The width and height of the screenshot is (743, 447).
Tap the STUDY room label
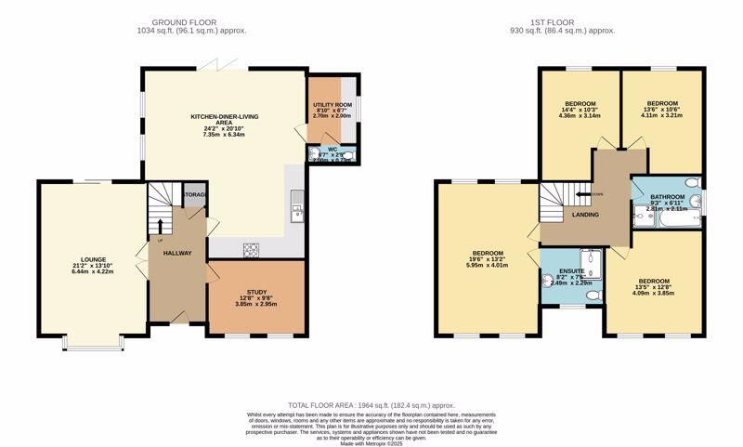[255, 292]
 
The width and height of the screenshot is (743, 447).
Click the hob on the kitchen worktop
[252, 248]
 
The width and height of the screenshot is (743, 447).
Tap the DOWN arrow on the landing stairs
[585, 194]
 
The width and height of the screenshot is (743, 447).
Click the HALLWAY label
[176, 252]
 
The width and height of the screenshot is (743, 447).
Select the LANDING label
[586, 215]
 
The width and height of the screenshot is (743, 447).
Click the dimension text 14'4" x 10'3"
[580, 110]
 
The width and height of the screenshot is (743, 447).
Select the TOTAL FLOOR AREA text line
[371, 405]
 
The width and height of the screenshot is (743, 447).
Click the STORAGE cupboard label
[195, 195]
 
